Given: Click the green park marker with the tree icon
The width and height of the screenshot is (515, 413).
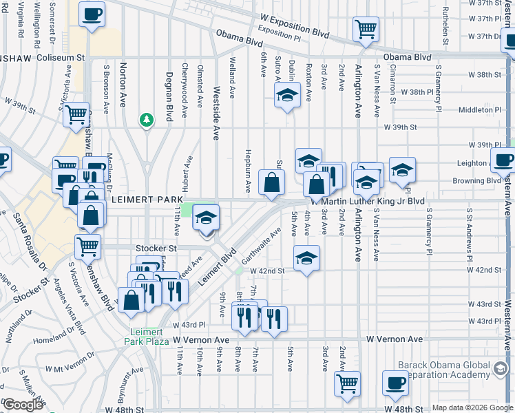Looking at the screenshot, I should coord(146,120).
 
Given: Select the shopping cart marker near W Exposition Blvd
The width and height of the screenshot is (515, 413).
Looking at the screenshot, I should coord(366,30).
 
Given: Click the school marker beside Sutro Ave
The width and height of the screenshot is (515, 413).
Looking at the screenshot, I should coord(287,96).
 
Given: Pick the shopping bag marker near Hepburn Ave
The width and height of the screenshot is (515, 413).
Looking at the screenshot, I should coord(272,182).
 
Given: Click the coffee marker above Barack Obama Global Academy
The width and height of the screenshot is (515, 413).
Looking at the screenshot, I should coord(395,383).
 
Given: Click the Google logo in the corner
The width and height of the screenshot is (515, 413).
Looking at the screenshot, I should coord(23,405).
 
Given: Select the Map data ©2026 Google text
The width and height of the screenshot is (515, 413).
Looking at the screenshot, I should coord(472,407).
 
